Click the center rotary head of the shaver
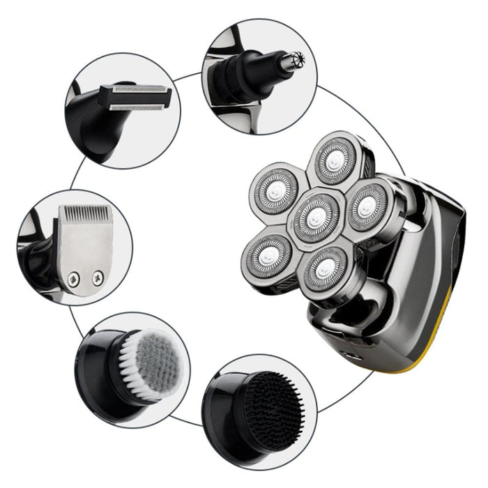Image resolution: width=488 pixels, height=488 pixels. (x=316, y=215)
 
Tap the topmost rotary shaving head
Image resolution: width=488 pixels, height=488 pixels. (x=335, y=160)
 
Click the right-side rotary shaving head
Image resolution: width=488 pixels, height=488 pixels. (x=369, y=206)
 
